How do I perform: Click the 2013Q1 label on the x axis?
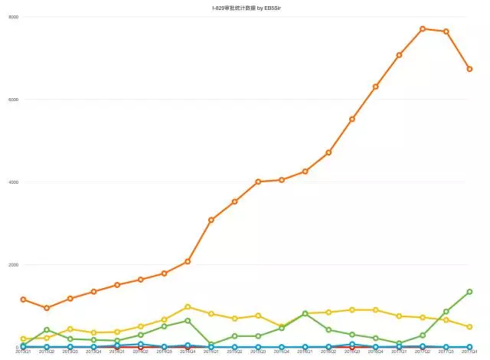[x=24, y=352]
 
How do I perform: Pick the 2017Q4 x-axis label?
[x=469, y=352]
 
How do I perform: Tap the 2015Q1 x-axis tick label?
[x=211, y=352]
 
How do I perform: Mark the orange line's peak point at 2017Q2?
[x=422, y=28]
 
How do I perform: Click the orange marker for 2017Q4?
[x=469, y=69]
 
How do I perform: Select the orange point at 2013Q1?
[x=24, y=299]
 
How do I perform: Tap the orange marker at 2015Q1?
[x=211, y=220]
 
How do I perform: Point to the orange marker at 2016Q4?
[x=375, y=87]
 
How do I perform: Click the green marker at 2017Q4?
[x=469, y=292]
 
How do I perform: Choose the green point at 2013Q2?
[x=47, y=330]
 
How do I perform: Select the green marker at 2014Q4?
[x=188, y=320]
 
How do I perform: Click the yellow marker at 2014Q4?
[x=188, y=306]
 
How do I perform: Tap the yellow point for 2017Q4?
[x=469, y=326]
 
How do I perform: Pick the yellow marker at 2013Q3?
[x=70, y=329]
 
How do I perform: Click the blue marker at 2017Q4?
[x=469, y=346]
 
